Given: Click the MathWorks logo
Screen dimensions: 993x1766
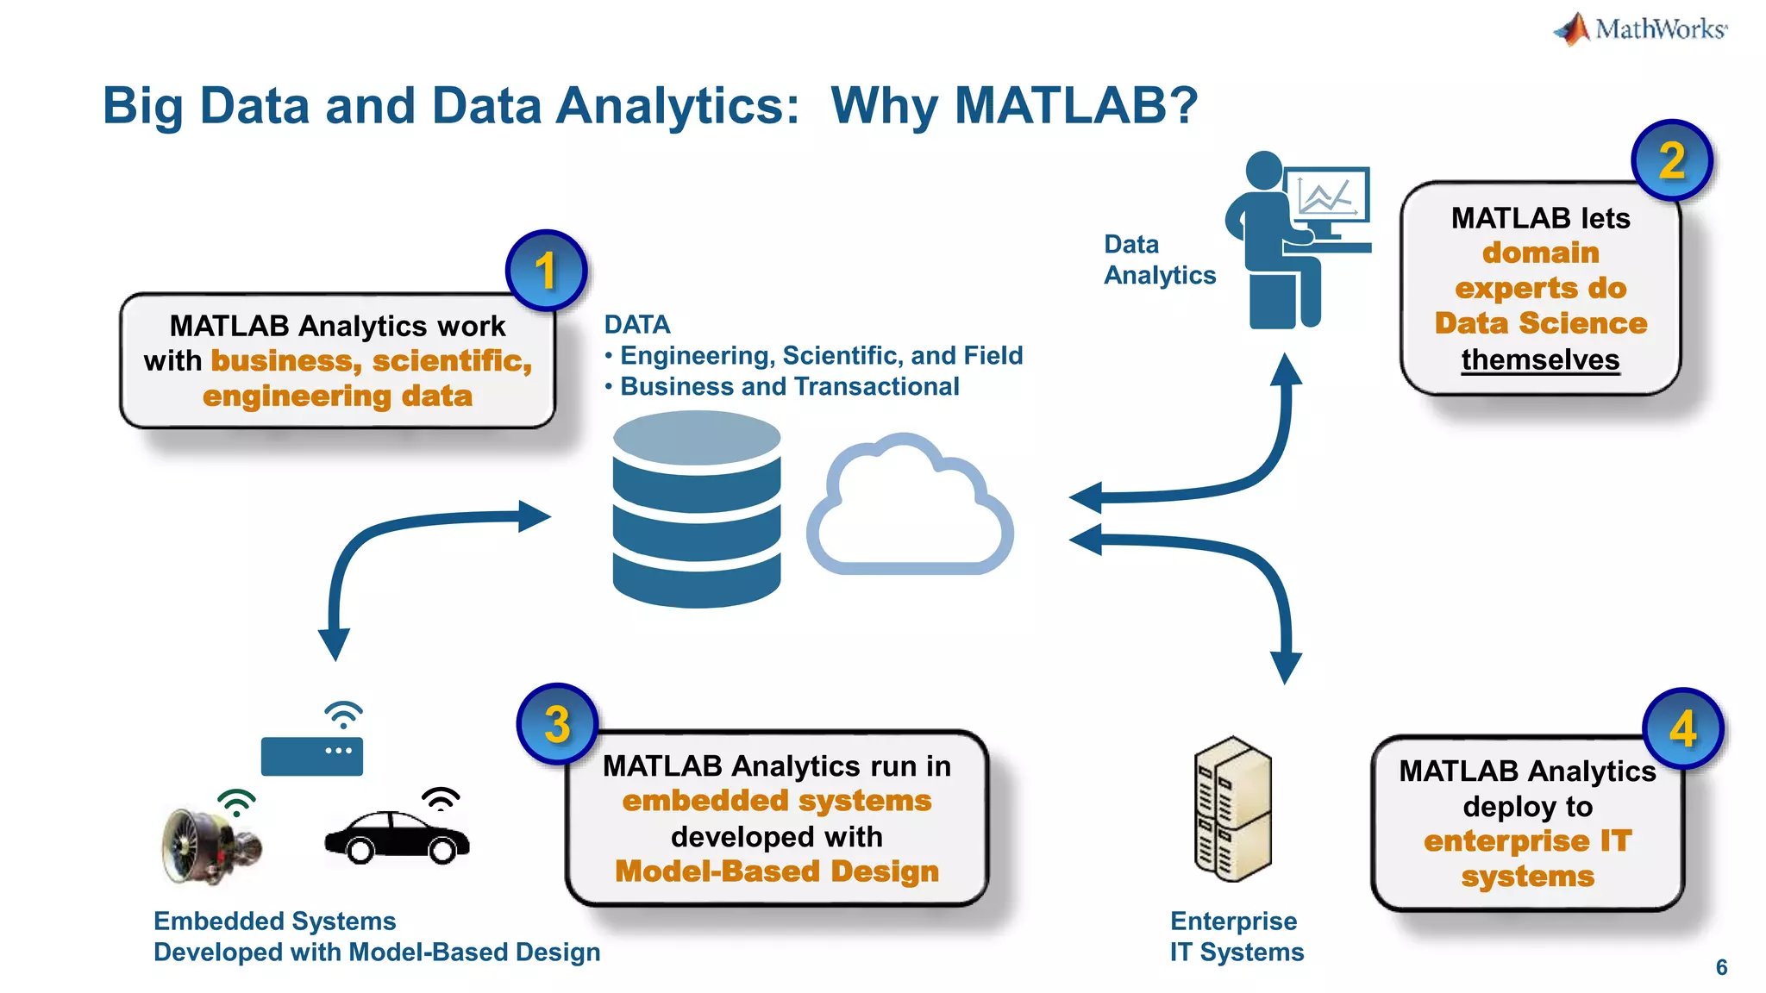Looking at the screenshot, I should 1640,29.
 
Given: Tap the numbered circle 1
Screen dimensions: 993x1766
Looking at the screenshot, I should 546,271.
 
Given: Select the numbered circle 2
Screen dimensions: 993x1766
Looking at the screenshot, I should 1671,160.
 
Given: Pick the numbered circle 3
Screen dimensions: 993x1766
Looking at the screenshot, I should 557,724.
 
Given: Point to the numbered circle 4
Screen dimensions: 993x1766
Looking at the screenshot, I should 1682,729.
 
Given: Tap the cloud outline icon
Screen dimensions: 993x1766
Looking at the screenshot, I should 910,509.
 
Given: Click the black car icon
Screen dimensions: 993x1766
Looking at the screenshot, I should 397,836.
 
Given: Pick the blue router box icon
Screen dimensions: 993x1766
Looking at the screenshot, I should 311,756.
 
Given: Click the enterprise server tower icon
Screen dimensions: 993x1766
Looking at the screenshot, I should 1232,809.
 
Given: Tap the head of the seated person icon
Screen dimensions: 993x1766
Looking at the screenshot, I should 1264,170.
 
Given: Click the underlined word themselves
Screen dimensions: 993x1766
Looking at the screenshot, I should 1540,359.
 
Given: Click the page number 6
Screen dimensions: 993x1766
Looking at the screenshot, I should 1721,967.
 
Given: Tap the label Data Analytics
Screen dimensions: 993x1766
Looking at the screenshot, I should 1159,259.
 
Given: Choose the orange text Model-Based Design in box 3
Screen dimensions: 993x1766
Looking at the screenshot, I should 777,871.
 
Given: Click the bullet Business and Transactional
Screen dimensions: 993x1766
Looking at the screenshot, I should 789,386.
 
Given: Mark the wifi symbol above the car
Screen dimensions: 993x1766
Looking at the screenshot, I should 441,798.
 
